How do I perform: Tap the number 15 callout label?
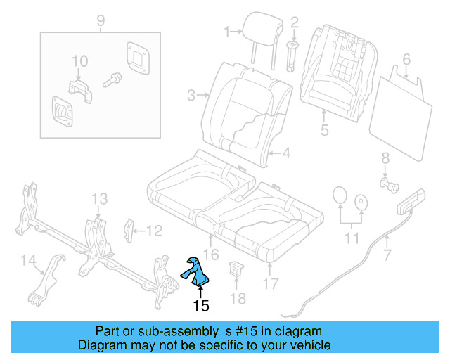(201, 305)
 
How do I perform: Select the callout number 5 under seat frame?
(324, 129)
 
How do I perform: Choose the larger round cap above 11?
(338, 195)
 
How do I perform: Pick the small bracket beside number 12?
(129, 229)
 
